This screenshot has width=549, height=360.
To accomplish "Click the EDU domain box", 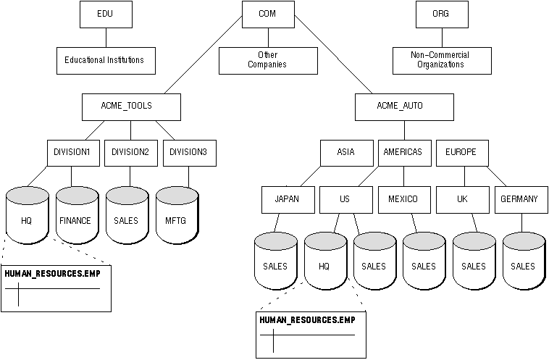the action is click(106, 14).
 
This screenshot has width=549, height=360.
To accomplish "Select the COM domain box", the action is click(268, 14).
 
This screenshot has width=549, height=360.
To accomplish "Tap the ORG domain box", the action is click(442, 14).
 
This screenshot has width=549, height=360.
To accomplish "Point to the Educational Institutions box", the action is click(106, 61).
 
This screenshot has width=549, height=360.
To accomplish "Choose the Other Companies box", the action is click(268, 61).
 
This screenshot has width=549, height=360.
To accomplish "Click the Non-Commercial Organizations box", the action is click(442, 61).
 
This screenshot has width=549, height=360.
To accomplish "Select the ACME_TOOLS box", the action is click(131, 107).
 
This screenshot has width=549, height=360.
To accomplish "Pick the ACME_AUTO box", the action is click(404, 107).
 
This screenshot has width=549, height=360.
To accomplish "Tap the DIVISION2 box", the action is click(131, 153).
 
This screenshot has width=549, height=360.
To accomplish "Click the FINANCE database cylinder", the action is click(77, 216).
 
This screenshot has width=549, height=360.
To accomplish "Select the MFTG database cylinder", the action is click(177, 216).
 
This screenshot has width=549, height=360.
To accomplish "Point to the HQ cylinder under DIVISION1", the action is click(28, 216).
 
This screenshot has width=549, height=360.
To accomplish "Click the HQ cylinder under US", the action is click(326, 261).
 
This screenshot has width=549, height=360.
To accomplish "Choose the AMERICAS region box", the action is click(405, 153).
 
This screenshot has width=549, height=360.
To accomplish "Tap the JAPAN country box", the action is click(288, 200).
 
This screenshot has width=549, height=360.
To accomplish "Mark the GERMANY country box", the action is click(521, 200).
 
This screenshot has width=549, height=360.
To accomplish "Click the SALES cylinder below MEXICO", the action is click(424, 261).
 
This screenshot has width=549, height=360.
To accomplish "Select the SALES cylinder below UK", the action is click(474, 261).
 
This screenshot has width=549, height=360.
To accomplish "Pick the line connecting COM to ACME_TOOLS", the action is click(203, 54).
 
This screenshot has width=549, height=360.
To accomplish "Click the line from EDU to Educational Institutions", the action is click(106, 38).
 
